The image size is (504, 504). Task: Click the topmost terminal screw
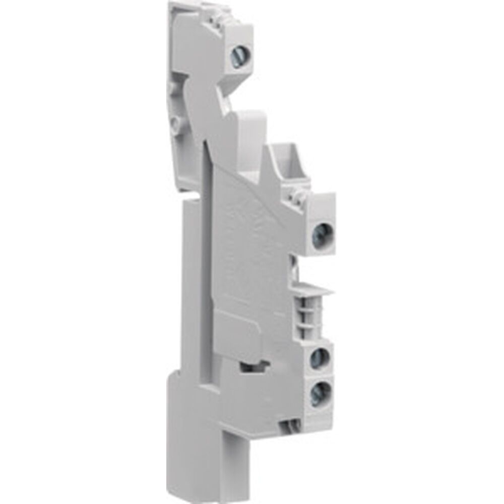point(239,51)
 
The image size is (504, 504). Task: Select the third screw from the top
point(319,358)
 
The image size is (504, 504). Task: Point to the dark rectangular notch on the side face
point(251,366)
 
